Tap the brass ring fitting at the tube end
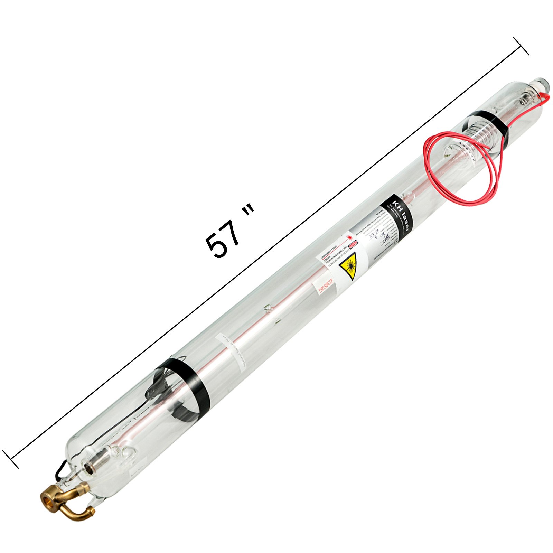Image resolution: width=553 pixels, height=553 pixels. coord(48,500)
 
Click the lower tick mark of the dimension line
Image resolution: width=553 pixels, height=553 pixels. coord(11,459)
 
